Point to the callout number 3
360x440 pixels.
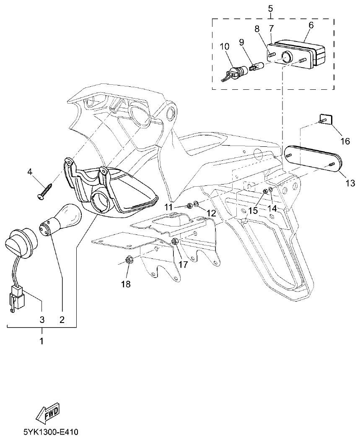click(x=42, y=320)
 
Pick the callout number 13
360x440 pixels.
click(x=350, y=183)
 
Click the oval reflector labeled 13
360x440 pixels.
click(x=313, y=160)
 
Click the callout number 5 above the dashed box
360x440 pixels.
click(x=270, y=8)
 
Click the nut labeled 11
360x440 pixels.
click(x=189, y=206)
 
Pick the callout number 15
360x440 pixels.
click(x=253, y=211)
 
